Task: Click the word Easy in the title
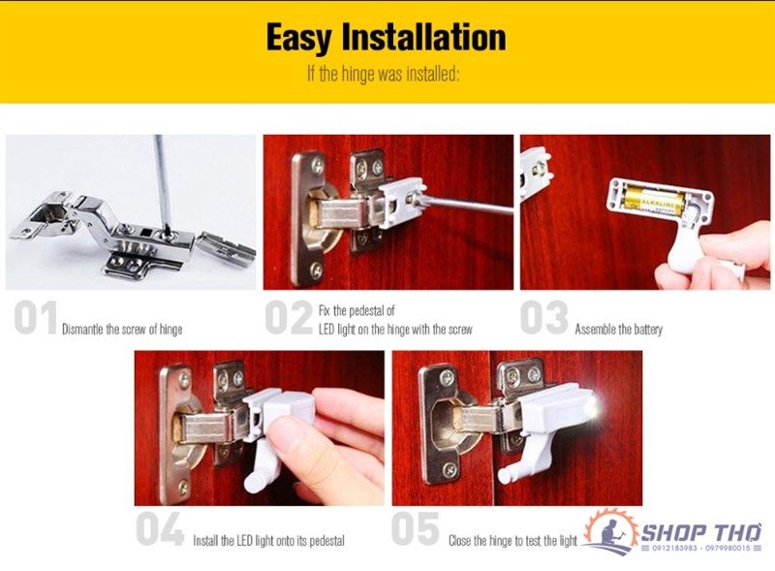pyautogui.click(x=297, y=38)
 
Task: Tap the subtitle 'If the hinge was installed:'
pyautogui.click(x=384, y=75)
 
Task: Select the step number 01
pyautogui.click(x=36, y=318)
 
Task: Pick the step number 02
pyautogui.click(x=289, y=318)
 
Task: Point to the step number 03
pyautogui.click(x=544, y=317)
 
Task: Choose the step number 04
pyautogui.click(x=160, y=529)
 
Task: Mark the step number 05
pyautogui.click(x=416, y=528)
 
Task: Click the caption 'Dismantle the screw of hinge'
pyautogui.click(x=122, y=330)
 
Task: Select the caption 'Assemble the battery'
pyautogui.click(x=618, y=330)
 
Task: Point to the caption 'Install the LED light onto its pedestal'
pyautogui.click(x=269, y=540)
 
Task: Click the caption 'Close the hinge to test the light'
pyautogui.click(x=513, y=540)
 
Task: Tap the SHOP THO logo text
pyautogui.click(x=700, y=532)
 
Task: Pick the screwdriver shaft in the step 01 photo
pyautogui.click(x=162, y=183)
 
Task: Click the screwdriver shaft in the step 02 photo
pyautogui.click(x=466, y=206)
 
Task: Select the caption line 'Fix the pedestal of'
pyautogui.click(x=356, y=311)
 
